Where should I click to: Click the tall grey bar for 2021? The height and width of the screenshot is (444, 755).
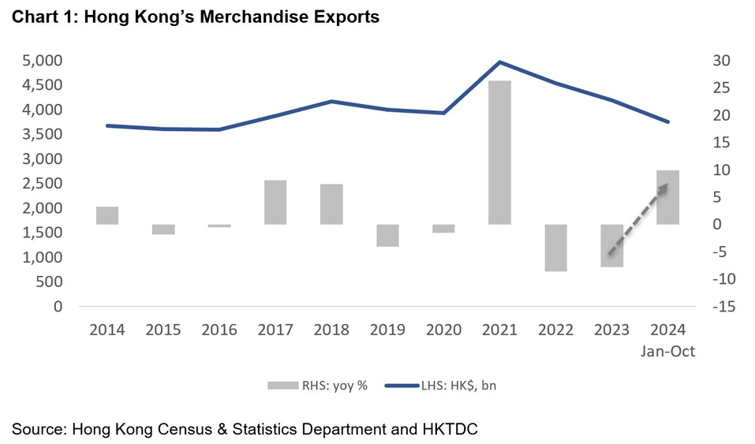pyautogui.click(x=499, y=152)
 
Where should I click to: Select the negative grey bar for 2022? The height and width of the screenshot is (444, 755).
pyautogui.click(x=555, y=248)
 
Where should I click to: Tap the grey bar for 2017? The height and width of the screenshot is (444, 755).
pyautogui.click(x=275, y=202)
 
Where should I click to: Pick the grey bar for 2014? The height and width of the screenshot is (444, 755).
pyautogui.click(x=107, y=215)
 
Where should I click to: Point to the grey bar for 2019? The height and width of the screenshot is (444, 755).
pyautogui.click(x=387, y=235)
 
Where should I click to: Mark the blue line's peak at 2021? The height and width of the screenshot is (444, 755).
pyautogui.click(x=499, y=62)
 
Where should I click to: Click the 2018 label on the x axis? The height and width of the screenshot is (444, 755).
pyautogui.click(x=331, y=330)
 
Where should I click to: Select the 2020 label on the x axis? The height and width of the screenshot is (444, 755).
pyautogui.click(x=443, y=330)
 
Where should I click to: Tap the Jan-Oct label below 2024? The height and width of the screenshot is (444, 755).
pyautogui.click(x=667, y=352)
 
